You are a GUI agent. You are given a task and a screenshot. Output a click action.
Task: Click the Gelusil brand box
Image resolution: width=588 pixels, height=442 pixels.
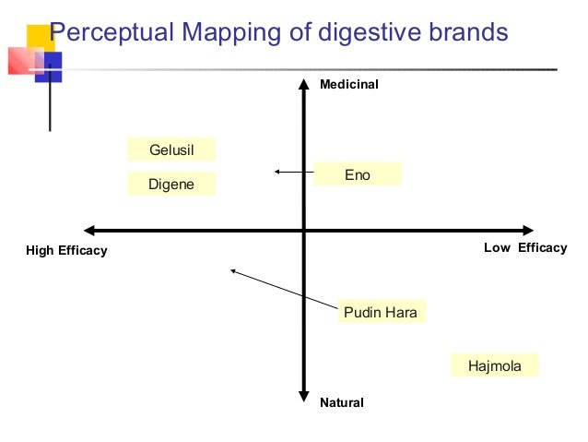tap(171, 149)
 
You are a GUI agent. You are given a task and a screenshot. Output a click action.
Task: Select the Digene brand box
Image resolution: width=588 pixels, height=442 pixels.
tap(171, 184)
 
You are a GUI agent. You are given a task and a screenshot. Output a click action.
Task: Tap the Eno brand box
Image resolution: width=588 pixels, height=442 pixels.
tap(358, 173)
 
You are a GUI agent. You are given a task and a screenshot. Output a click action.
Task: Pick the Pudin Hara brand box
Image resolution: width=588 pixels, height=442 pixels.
tap(380, 312)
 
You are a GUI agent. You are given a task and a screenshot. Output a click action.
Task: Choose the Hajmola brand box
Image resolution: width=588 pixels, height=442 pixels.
tap(494, 365)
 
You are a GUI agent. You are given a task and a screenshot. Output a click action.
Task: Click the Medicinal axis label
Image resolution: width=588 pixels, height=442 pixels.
tap(348, 85)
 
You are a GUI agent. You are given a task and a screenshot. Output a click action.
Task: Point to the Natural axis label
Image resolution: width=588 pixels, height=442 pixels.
tap(341, 402)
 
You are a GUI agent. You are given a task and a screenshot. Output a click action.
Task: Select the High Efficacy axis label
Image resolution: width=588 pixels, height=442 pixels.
tap(66, 250)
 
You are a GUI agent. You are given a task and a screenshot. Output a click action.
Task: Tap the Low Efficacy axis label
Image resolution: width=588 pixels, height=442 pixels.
tap(525, 247)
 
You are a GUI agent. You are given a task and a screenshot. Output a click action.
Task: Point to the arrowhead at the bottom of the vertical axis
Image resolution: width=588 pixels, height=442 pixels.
tap(303, 398)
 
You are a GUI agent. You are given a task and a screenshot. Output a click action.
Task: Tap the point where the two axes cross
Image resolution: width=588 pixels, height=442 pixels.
tap(303, 230)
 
